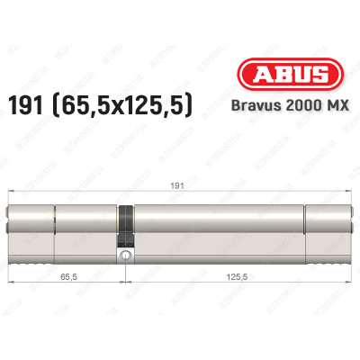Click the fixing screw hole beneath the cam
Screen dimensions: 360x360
(127, 256)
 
